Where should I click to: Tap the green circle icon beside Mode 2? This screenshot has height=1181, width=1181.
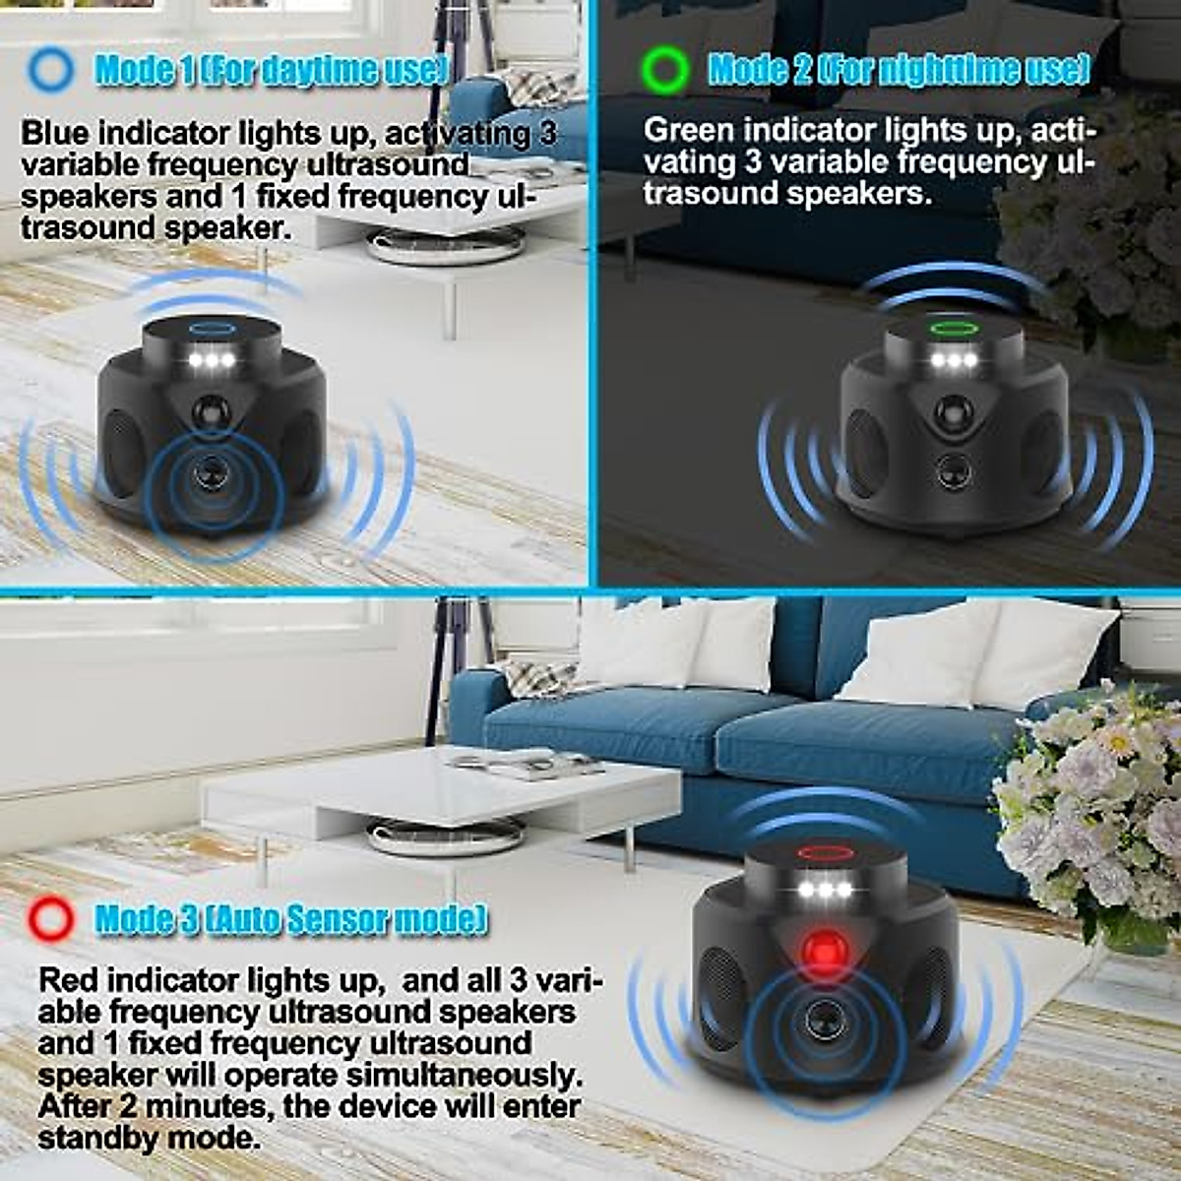[x=663, y=69]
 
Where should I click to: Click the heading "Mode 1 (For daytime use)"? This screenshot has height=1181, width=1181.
[x=272, y=70]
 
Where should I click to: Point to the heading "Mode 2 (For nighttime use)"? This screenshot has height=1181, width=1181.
[x=899, y=69]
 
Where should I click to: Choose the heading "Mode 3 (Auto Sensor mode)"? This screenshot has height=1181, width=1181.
[x=290, y=919]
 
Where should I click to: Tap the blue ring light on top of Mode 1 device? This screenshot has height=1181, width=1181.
[x=212, y=328]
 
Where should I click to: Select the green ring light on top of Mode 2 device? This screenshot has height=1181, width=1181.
[x=952, y=327]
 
